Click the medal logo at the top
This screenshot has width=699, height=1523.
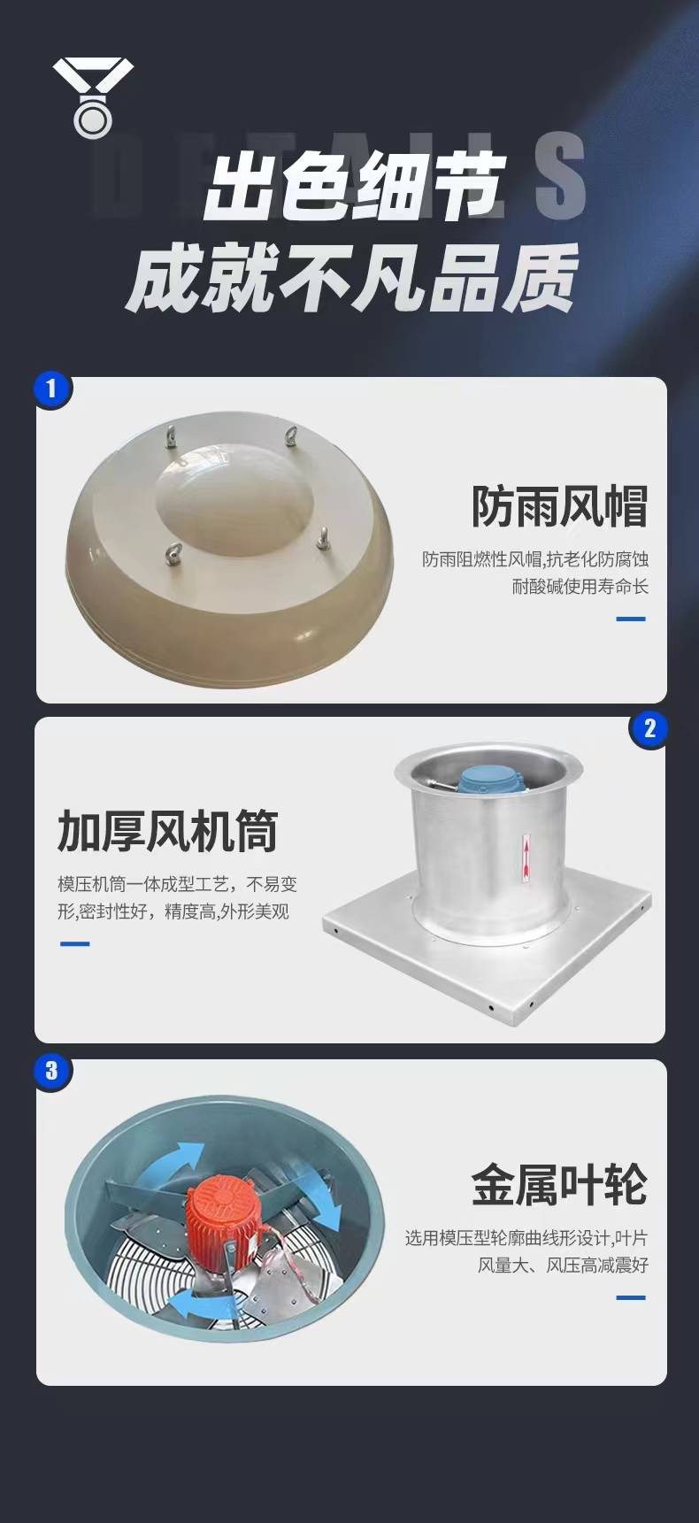click(x=93, y=97)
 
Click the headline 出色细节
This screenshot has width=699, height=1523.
click(x=354, y=185)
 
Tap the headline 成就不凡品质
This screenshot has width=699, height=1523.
click(x=352, y=278)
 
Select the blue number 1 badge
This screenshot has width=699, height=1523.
click(x=52, y=388)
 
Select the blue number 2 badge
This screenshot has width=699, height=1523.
click(x=649, y=728)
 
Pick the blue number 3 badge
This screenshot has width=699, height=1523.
click(x=52, y=1071)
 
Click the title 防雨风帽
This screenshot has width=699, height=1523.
click(x=559, y=506)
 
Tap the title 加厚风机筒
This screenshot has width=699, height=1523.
click(x=168, y=831)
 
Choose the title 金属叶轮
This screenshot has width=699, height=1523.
click(x=559, y=1185)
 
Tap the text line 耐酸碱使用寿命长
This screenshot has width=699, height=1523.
click(x=580, y=586)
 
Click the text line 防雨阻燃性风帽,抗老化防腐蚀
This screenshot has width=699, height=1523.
click(x=535, y=559)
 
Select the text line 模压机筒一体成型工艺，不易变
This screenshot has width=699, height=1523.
click(x=178, y=884)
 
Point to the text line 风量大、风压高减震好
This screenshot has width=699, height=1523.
click(x=564, y=1265)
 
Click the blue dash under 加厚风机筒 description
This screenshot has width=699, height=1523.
click(x=74, y=944)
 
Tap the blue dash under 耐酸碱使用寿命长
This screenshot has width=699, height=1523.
click(x=631, y=619)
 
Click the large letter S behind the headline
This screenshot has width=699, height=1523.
click(x=560, y=176)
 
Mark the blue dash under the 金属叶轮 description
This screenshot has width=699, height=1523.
click(x=631, y=1298)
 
